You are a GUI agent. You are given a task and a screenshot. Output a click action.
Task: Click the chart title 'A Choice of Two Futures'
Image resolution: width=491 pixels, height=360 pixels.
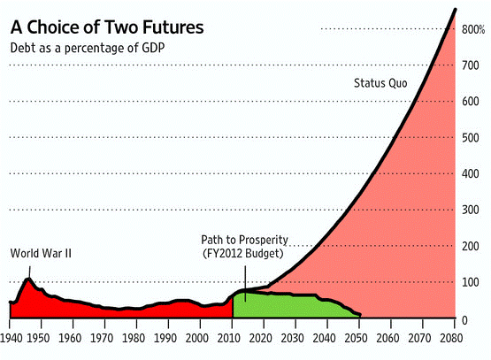pos(107,27)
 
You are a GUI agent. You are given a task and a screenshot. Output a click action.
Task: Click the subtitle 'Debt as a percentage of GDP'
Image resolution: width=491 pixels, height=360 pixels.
pos(88,49)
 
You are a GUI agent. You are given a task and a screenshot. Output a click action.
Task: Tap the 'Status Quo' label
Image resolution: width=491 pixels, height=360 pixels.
pos(380,83)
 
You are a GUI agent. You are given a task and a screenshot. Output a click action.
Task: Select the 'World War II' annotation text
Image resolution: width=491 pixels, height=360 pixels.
pos(41,253)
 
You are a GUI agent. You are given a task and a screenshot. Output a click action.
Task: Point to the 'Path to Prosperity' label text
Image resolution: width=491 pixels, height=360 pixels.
pos(244,240)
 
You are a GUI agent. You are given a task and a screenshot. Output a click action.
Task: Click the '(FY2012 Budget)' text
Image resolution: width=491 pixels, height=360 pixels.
pos(243,253)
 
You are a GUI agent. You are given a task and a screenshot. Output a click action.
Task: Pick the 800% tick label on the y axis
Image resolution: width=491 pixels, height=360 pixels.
pos(473,30)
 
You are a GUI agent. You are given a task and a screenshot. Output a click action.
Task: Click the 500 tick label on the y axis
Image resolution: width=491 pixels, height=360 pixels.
pos(471,138)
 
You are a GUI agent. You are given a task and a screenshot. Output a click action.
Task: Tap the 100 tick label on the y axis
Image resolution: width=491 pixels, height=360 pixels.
pos(471,282)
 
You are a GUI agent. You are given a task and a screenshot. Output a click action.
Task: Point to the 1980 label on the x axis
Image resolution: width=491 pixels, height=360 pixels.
pos(134,339)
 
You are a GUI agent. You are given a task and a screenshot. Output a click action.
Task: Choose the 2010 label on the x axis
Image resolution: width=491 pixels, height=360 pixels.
pos(228,339)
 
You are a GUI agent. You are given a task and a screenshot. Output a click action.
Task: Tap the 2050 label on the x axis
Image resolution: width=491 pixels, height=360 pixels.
pos(356,339)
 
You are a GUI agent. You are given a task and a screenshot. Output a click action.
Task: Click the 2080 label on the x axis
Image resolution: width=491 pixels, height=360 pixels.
pos(451,339)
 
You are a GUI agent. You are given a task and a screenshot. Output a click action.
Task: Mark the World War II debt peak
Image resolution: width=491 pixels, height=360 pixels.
pos(29,279)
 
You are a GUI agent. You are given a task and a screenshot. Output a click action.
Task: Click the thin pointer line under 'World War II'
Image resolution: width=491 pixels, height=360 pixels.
pos(30,272)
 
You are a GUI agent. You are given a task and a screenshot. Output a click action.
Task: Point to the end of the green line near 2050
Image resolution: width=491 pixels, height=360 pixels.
pos(360,315)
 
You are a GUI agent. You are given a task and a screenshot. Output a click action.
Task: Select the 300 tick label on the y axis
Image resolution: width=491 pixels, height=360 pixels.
pos(471,210)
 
